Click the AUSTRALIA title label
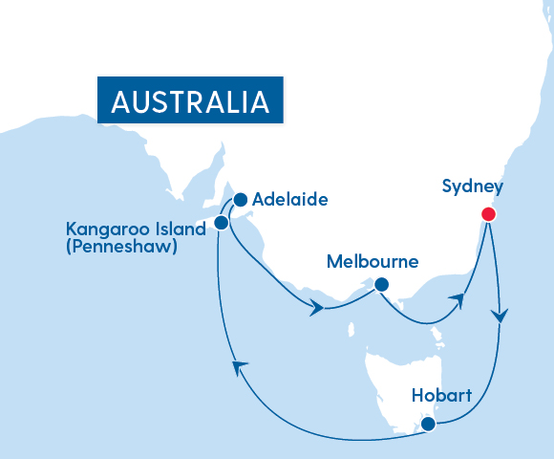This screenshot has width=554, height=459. click(190, 100)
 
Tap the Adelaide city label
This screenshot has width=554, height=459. click(290, 200)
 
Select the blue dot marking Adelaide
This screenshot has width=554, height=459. click(240, 200)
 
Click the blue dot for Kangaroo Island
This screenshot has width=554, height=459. click(221, 222)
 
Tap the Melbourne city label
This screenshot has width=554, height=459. click(373, 261)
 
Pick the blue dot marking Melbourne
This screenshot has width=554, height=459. click(381, 284)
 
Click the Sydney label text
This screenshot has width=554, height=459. click(472, 186)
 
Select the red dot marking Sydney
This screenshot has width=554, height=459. click(488, 214)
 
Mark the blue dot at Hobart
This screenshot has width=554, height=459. click(428, 423)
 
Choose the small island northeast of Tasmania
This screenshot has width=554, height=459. click(437, 334)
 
